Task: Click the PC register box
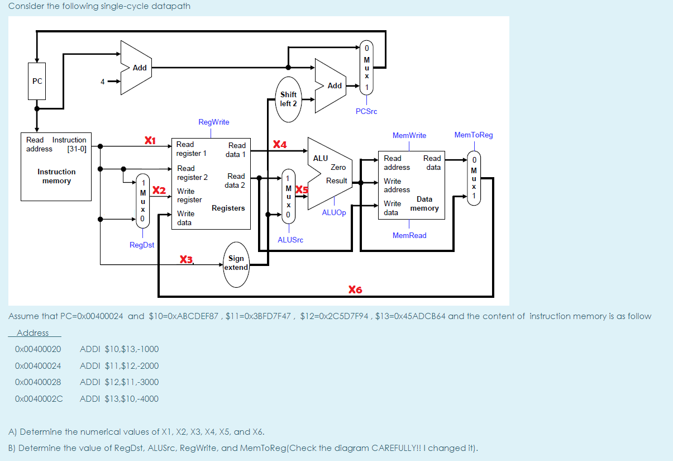37,81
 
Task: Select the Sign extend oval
236,263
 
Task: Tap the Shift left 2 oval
289,99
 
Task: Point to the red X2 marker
159,190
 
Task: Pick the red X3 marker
186,259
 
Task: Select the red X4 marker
280,145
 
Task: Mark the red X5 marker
302,189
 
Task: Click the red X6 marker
355,289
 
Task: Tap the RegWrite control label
213,122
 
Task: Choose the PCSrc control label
366,111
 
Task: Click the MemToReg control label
474,135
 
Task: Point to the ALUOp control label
334,213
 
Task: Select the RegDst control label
142,245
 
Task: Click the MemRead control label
409,235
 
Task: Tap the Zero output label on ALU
338,167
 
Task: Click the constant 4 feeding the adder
102,82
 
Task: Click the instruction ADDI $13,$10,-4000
119,398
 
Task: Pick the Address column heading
33,333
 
